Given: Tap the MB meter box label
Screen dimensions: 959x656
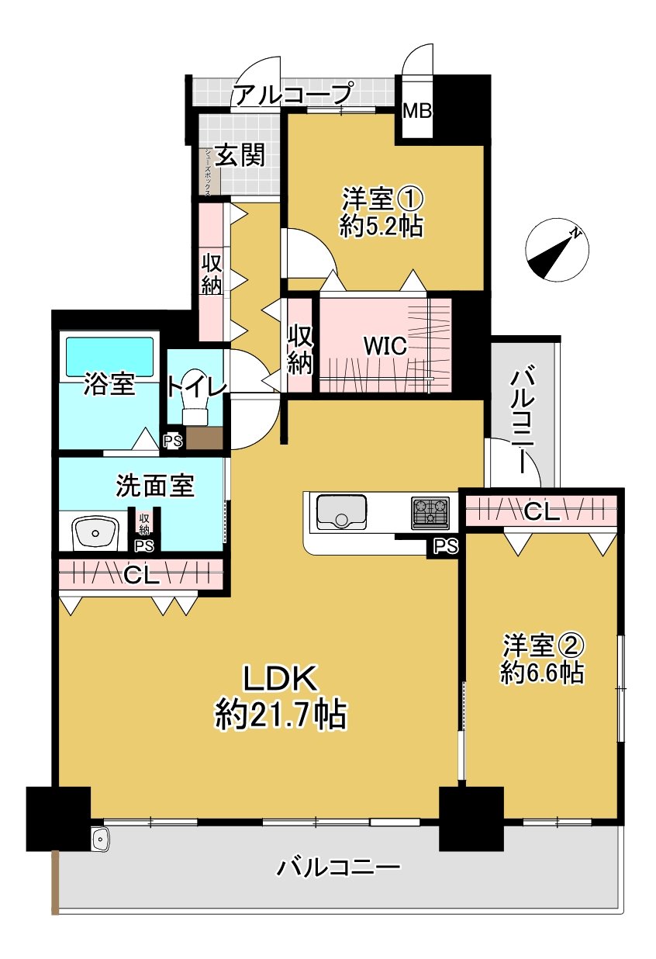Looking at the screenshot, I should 416,111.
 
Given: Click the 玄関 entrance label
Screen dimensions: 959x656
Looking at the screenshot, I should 240,155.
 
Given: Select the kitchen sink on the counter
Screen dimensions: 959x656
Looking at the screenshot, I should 342,513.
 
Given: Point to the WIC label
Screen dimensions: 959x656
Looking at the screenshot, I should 385,346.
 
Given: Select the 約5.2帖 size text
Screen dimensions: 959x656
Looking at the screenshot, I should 381,226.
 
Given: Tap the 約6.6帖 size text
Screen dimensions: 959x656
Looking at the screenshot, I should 542,672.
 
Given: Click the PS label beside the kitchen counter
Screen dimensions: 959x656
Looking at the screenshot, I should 444,547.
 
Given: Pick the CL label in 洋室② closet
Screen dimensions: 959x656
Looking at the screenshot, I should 542,511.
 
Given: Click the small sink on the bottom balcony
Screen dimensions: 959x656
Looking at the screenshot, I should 101,839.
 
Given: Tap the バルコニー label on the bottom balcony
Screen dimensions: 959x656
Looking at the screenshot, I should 339,867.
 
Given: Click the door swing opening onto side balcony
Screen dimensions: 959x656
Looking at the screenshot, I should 508,462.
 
